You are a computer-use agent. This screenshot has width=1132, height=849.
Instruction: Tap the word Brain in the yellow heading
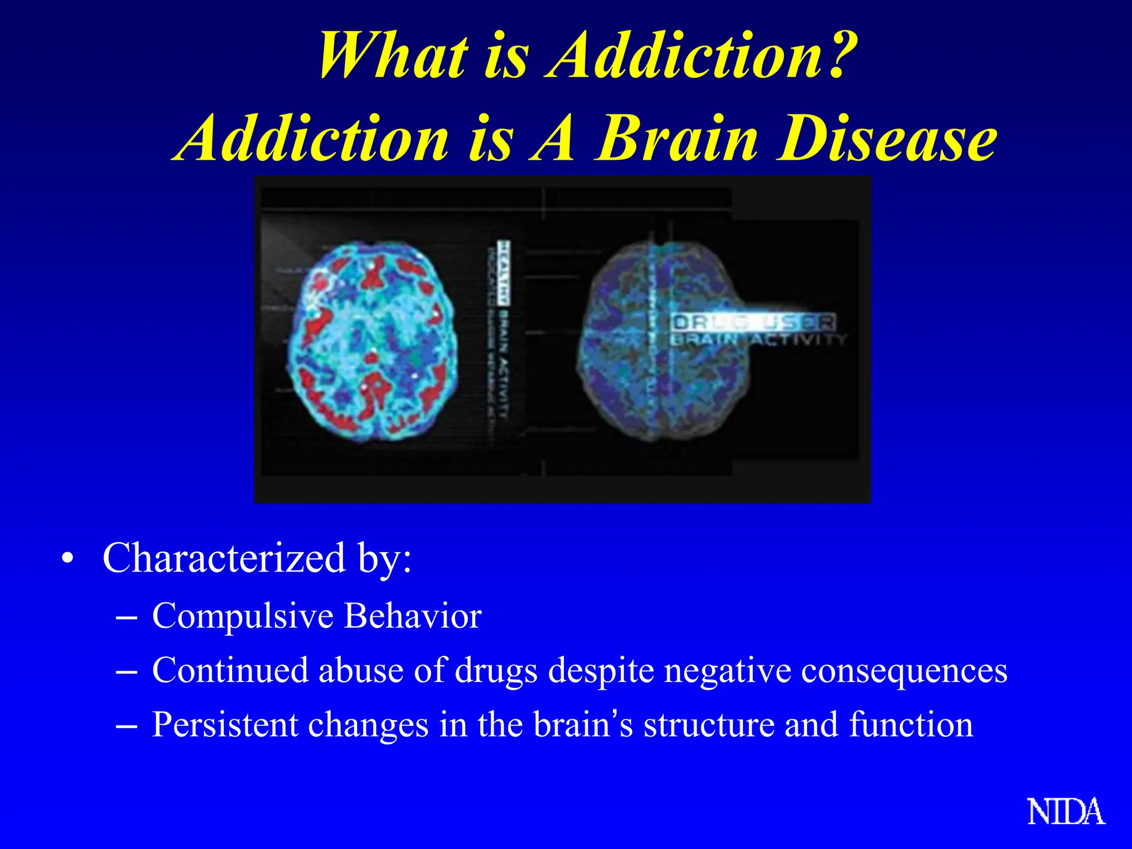(677, 138)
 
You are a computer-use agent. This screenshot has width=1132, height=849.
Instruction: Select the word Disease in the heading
(887, 138)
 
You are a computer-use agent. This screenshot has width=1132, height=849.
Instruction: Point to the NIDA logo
(1066, 813)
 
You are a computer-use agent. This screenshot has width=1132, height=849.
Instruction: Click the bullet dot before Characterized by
(67, 558)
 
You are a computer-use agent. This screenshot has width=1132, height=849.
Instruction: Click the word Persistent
(224, 725)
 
